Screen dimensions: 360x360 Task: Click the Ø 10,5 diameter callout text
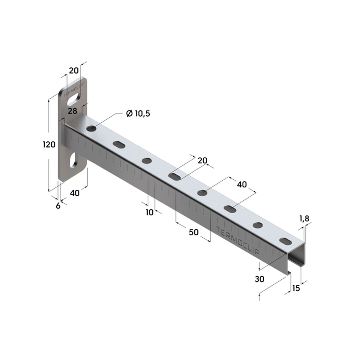tap(138, 114)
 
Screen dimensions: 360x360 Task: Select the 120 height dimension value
tap(49, 145)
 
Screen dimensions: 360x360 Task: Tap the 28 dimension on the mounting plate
tap(72, 111)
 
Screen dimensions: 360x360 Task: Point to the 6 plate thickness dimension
tap(58, 206)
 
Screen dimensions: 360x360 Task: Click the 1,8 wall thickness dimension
tap(304, 218)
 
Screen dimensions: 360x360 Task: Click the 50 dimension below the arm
tap(193, 232)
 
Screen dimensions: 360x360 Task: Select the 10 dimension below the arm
tap(150, 212)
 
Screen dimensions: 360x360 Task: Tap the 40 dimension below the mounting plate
tap(75, 193)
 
